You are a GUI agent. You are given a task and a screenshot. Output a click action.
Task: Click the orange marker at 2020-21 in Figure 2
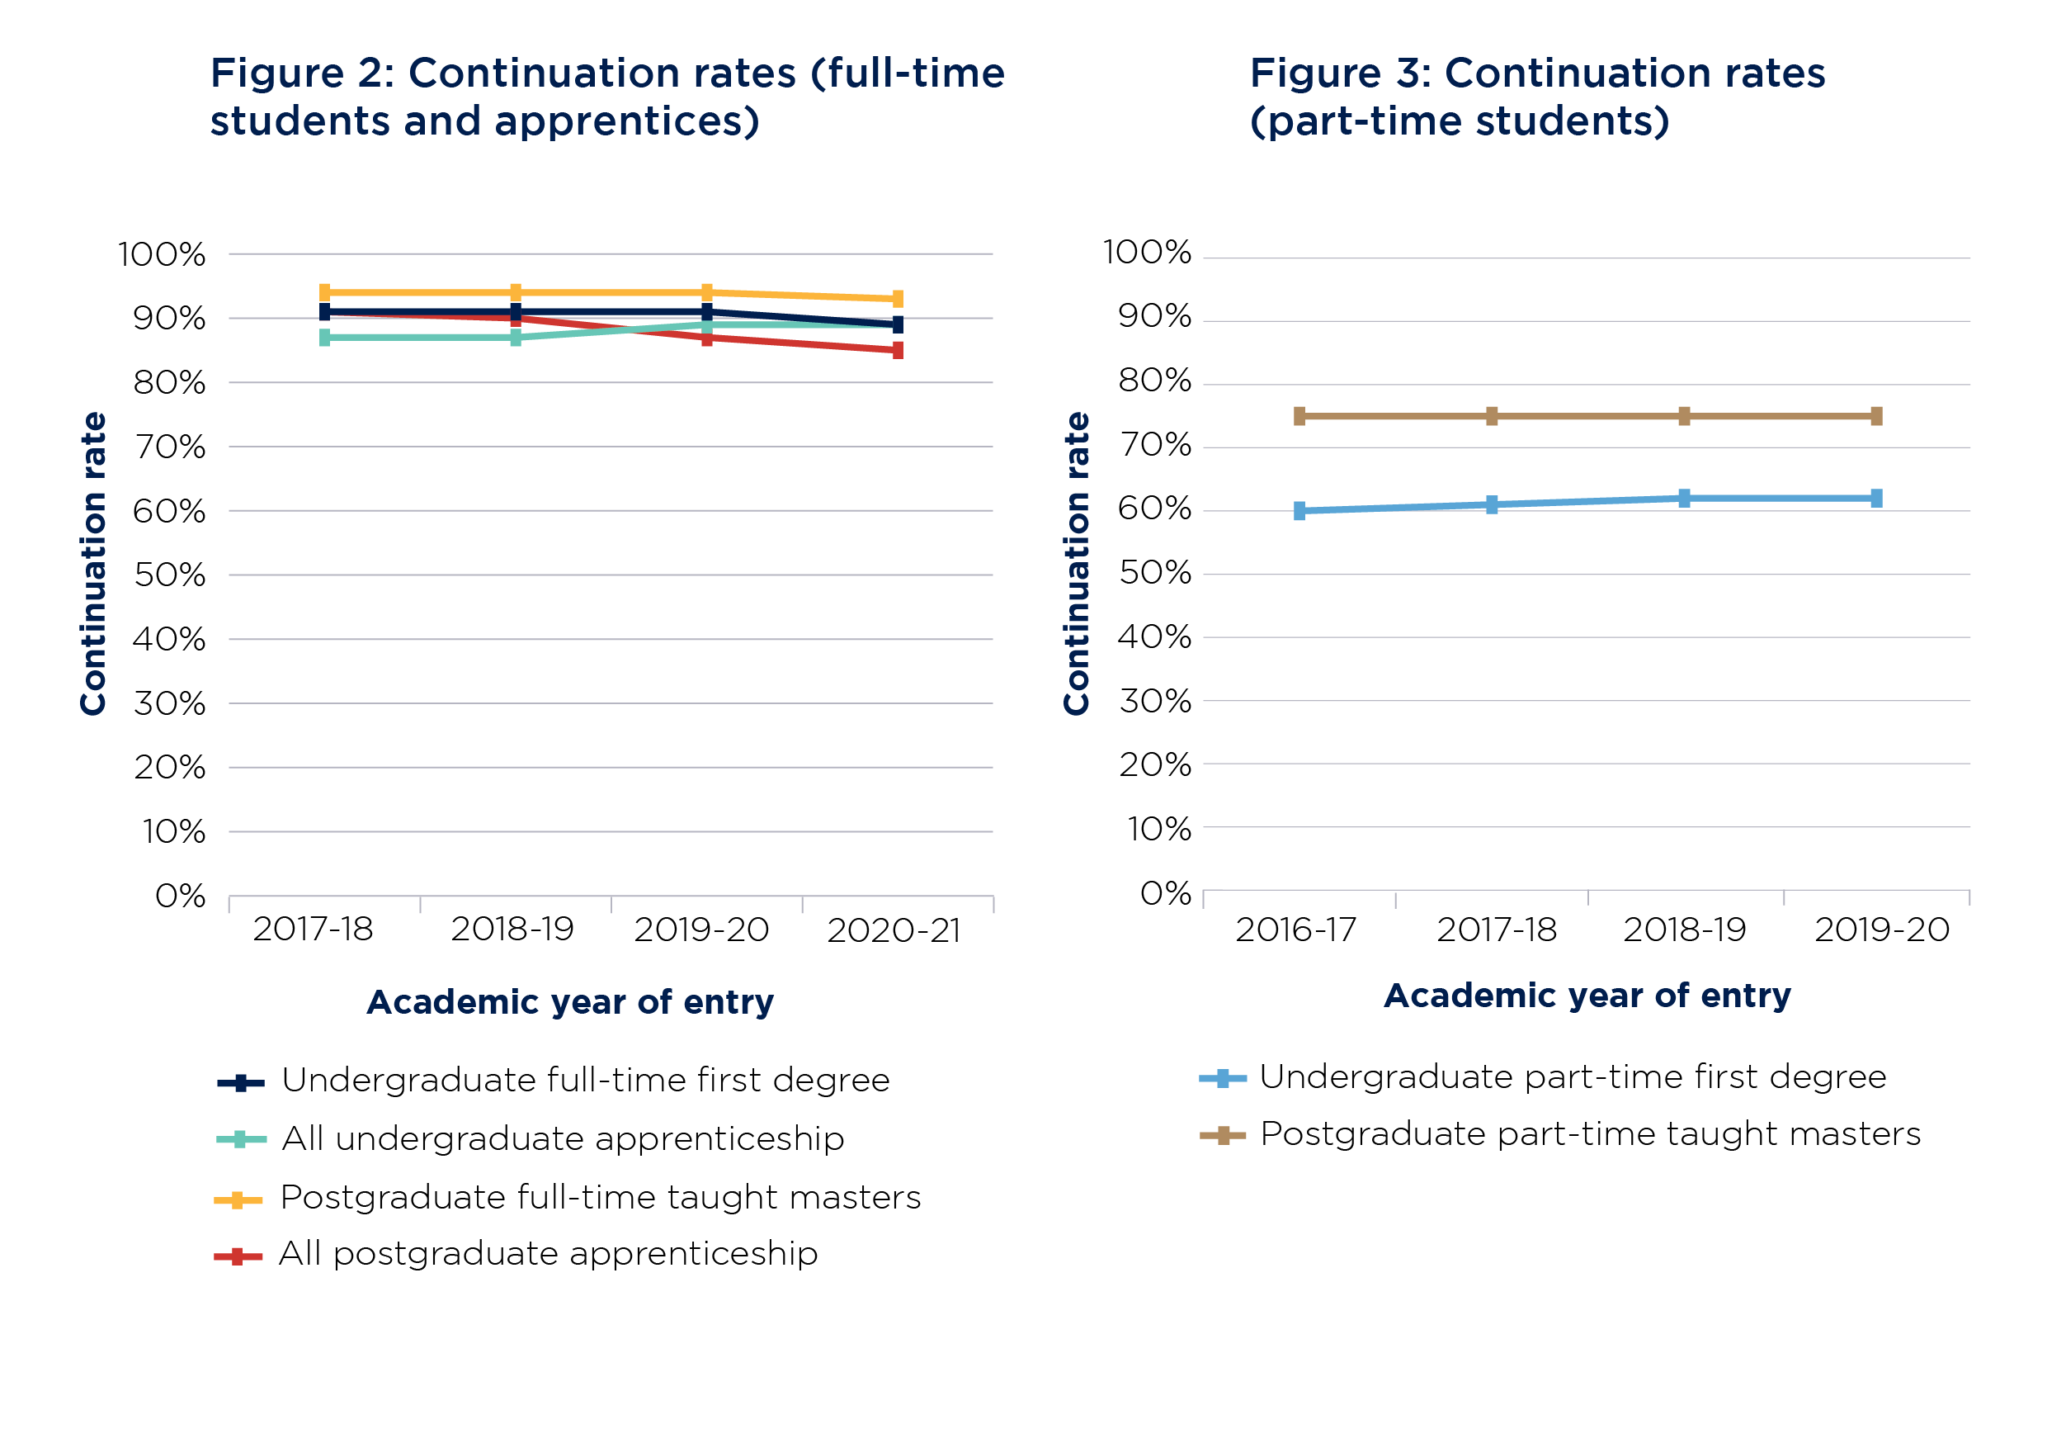898,299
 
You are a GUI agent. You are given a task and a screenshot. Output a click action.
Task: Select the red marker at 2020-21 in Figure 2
898,351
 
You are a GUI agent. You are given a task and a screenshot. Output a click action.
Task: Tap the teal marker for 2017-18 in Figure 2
324,337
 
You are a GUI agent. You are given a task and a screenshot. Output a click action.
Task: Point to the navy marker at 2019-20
707,312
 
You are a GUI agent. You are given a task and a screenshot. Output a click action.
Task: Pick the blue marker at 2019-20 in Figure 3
1877,499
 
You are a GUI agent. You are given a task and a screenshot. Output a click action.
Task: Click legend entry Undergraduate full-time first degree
585,1080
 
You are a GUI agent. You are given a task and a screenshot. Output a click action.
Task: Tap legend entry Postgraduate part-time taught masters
1590,1134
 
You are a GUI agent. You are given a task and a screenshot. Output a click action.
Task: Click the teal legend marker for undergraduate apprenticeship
239,1140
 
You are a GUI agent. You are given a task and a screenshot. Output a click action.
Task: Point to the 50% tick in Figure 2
169,575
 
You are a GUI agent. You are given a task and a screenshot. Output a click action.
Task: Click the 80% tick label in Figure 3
1154,381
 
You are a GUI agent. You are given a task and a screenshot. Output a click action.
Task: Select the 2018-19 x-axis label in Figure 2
512,930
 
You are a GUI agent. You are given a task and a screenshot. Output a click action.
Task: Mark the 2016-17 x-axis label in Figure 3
1295,930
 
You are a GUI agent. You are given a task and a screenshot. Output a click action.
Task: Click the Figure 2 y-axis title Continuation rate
92,564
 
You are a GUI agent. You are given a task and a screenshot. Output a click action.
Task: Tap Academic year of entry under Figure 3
1587,996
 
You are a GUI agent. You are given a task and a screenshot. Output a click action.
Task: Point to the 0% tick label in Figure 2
180,896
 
